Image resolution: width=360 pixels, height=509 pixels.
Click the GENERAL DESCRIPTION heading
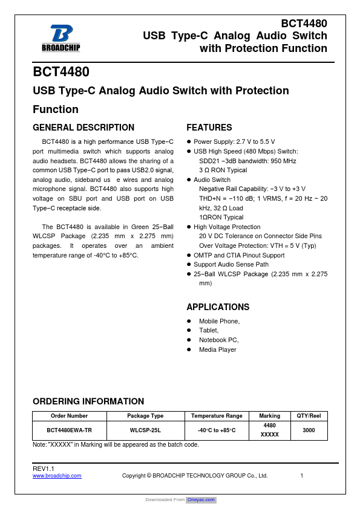pyautogui.click(x=83, y=128)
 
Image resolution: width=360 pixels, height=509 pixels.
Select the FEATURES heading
pyautogui.click(x=209, y=128)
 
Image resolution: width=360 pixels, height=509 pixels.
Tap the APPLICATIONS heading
pyautogui.click(x=218, y=307)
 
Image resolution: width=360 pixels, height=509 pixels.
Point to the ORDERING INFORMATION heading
pyautogui.click(x=88, y=401)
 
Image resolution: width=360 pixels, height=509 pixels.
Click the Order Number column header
pyautogui.click(x=69, y=416)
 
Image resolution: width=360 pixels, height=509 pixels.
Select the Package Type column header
pyautogui.click(x=145, y=416)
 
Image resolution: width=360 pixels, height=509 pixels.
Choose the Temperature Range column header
pyautogui.click(x=217, y=416)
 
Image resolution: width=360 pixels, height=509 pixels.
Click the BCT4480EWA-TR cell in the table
pyautogui.click(x=69, y=430)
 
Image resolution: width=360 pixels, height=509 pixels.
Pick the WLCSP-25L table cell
pyautogui.click(x=145, y=430)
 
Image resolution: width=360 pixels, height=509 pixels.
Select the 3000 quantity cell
pyautogui.click(x=309, y=430)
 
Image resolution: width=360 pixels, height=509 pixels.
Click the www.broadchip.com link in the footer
pyautogui.click(x=57, y=476)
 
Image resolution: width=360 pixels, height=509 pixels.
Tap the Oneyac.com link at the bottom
pyautogui.click(x=201, y=500)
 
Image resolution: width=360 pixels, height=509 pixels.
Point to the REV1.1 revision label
pyautogui.click(x=44, y=469)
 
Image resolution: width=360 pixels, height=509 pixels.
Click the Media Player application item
pyautogui.click(x=218, y=350)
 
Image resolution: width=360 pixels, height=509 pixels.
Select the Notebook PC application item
pyautogui.click(x=219, y=340)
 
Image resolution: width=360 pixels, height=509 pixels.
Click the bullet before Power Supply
pyautogui.click(x=189, y=141)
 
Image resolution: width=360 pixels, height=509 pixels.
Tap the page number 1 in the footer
pyautogui.click(x=301, y=476)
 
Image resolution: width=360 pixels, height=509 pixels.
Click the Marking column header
pyautogui.click(x=269, y=416)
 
